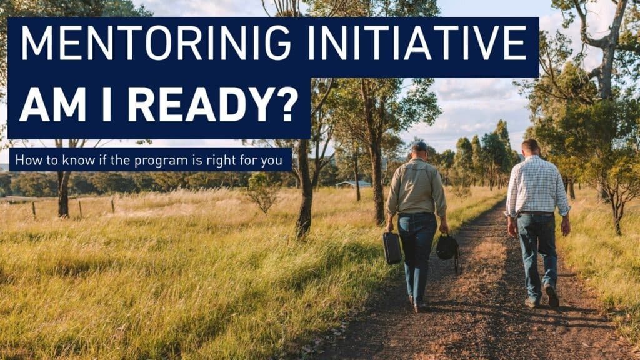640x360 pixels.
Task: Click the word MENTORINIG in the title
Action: [156, 43]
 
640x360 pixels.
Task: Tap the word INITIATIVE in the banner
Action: [416, 43]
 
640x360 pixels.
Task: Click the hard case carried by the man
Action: [392, 247]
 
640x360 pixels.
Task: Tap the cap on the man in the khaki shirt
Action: [419, 146]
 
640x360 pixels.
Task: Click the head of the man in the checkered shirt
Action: [530, 147]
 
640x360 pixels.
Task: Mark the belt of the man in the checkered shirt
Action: [536, 214]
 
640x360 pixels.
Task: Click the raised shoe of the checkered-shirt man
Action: [552, 295]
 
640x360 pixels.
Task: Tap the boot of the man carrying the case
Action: [421, 307]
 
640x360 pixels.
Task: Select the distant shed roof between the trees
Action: [354, 184]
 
